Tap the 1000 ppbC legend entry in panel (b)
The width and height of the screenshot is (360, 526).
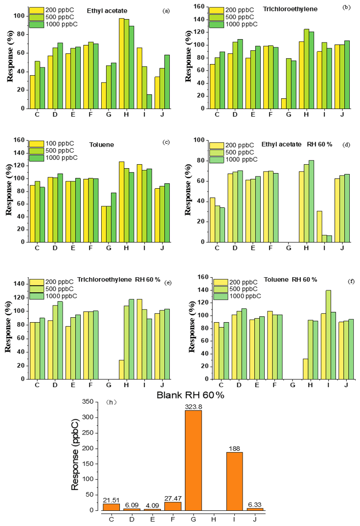[x=237, y=24]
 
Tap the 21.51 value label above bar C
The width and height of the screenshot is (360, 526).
[x=112, y=500]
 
